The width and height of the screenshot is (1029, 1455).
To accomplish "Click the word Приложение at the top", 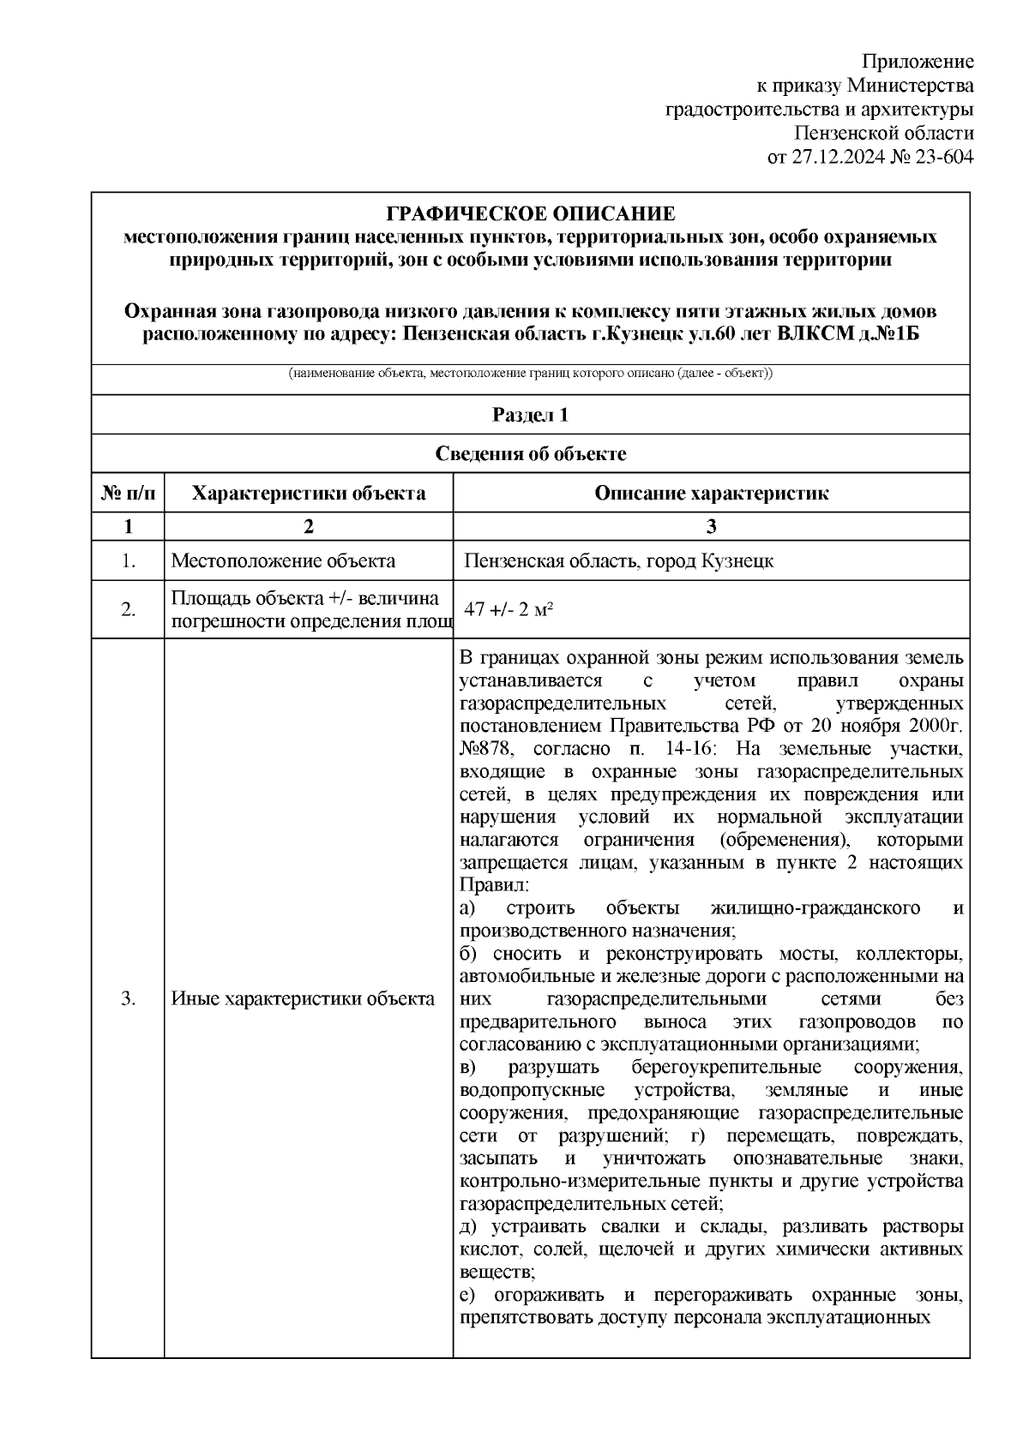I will coord(918,62).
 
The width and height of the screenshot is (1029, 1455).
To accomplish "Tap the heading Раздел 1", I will coord(530,415).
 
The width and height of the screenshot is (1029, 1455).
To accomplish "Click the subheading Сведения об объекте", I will coord(530,453).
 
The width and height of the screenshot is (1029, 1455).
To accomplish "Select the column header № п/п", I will coord(128,493).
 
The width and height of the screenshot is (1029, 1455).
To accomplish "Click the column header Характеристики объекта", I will coord(309,493).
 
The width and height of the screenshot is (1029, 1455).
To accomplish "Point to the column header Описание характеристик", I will coord(711,493).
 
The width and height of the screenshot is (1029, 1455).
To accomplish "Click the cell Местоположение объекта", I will coord(283,561).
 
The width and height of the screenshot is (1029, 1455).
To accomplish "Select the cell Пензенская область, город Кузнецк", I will coord(619,561).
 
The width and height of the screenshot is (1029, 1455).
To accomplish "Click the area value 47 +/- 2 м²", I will coord(507,609).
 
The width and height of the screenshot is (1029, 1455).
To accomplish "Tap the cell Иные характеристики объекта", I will coord(303,998).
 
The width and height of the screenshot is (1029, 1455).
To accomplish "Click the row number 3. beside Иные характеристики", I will coord(128,998).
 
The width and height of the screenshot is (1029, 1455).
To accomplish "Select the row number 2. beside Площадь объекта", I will coord(128,609).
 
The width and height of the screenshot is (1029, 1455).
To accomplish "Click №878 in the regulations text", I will coord(485,749).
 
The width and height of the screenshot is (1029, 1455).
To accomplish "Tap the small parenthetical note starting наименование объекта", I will coord(530,374).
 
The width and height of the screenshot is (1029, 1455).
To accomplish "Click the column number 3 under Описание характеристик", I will coord(711,526).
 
